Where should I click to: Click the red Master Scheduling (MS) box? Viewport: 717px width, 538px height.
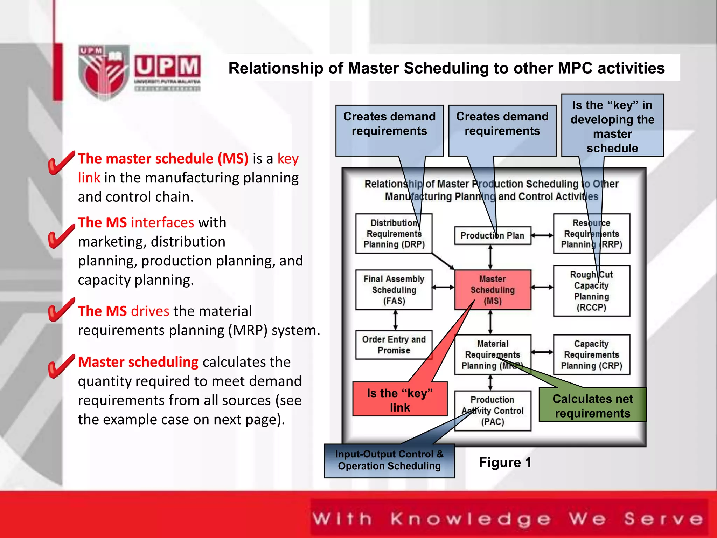493,290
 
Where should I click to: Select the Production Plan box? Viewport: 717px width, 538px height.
492,235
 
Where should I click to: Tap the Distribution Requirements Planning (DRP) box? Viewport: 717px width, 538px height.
394,234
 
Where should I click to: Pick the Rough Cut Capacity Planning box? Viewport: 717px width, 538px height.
591,291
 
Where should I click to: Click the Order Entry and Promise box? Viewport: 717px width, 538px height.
394,345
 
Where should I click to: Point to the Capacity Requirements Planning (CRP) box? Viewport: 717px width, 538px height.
591,355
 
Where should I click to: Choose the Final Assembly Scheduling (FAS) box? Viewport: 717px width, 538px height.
394,290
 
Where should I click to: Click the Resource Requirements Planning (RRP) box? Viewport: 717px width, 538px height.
591,234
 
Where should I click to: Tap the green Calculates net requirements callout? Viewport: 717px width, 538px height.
592,405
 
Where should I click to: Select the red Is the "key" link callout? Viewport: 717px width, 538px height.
400,400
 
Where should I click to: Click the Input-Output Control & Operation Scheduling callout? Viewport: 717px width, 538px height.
389,461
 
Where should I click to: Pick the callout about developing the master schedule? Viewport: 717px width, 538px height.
612,126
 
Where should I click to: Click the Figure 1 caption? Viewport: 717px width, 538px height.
505,462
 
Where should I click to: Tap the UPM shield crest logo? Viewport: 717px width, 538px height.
103,72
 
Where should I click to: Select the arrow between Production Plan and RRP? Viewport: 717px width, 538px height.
542,235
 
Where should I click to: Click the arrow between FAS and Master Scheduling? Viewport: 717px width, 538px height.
443,288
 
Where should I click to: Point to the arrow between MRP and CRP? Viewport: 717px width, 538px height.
542,352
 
